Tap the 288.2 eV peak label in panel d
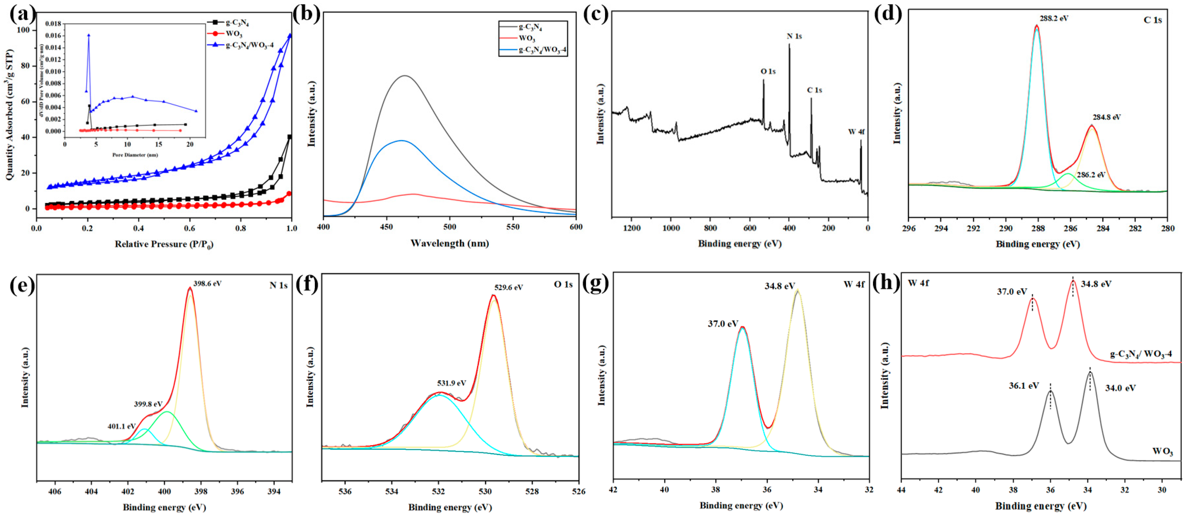[1054, 18]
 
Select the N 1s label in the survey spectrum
[794, 36]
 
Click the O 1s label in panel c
[768, 71]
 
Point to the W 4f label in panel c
[856, 132]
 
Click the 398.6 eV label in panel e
[207, 284]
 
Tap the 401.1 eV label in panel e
[122, 426]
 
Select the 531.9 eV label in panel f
[451, 383]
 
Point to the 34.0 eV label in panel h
[1120, 388]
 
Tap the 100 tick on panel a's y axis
[23, 30]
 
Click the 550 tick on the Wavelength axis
[513, 227]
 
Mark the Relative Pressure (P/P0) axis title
[164, 244]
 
